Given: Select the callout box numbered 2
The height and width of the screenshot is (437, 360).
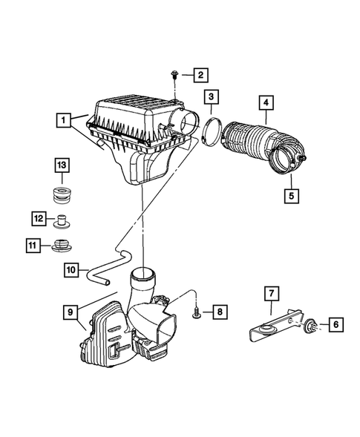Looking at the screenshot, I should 201,74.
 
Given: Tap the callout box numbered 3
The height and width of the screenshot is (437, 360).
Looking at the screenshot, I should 212,96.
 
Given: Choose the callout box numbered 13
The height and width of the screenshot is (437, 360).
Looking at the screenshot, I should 61,164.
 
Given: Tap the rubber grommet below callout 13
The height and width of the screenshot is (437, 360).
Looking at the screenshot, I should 61,198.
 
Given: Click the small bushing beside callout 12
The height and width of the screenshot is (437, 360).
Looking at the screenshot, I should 62,220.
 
